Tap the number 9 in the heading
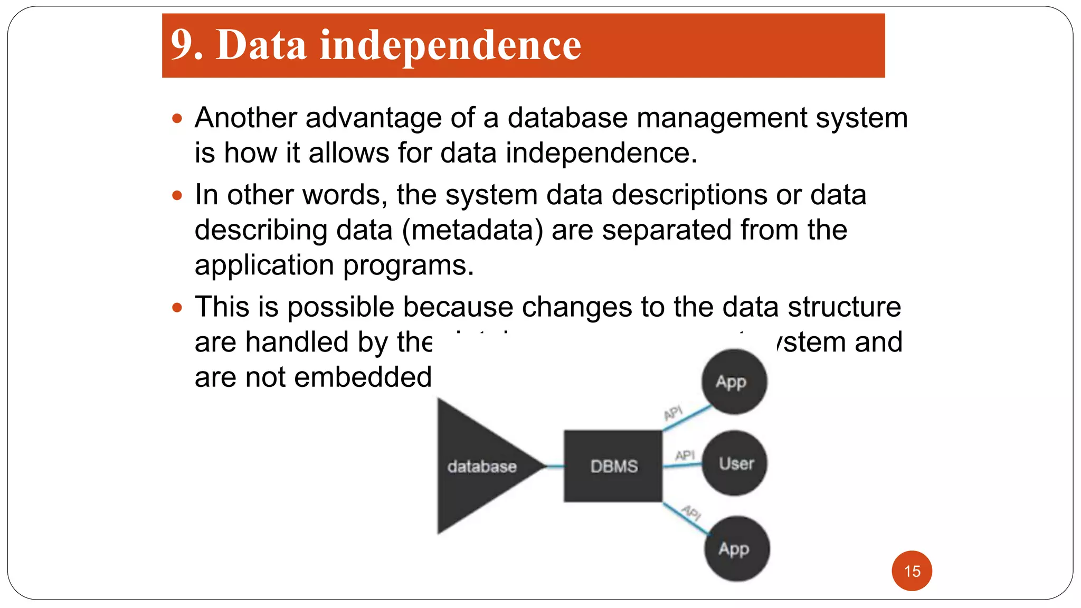(x=182, y=45)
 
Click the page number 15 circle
(x=912, y=571)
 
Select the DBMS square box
(x=613, y=466)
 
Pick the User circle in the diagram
(x=734, y=463)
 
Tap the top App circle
(x=733, y=381)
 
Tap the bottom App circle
(x=736, y=549)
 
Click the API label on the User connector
(x=685, y=455)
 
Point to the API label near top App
(x=673, y=412)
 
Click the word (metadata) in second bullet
(x=472, y=230)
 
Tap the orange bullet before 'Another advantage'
(x=177, y=118)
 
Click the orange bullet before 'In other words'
(x=177, y=196)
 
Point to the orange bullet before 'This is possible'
(x=177, y=308)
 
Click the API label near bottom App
(x=691, y=511)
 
